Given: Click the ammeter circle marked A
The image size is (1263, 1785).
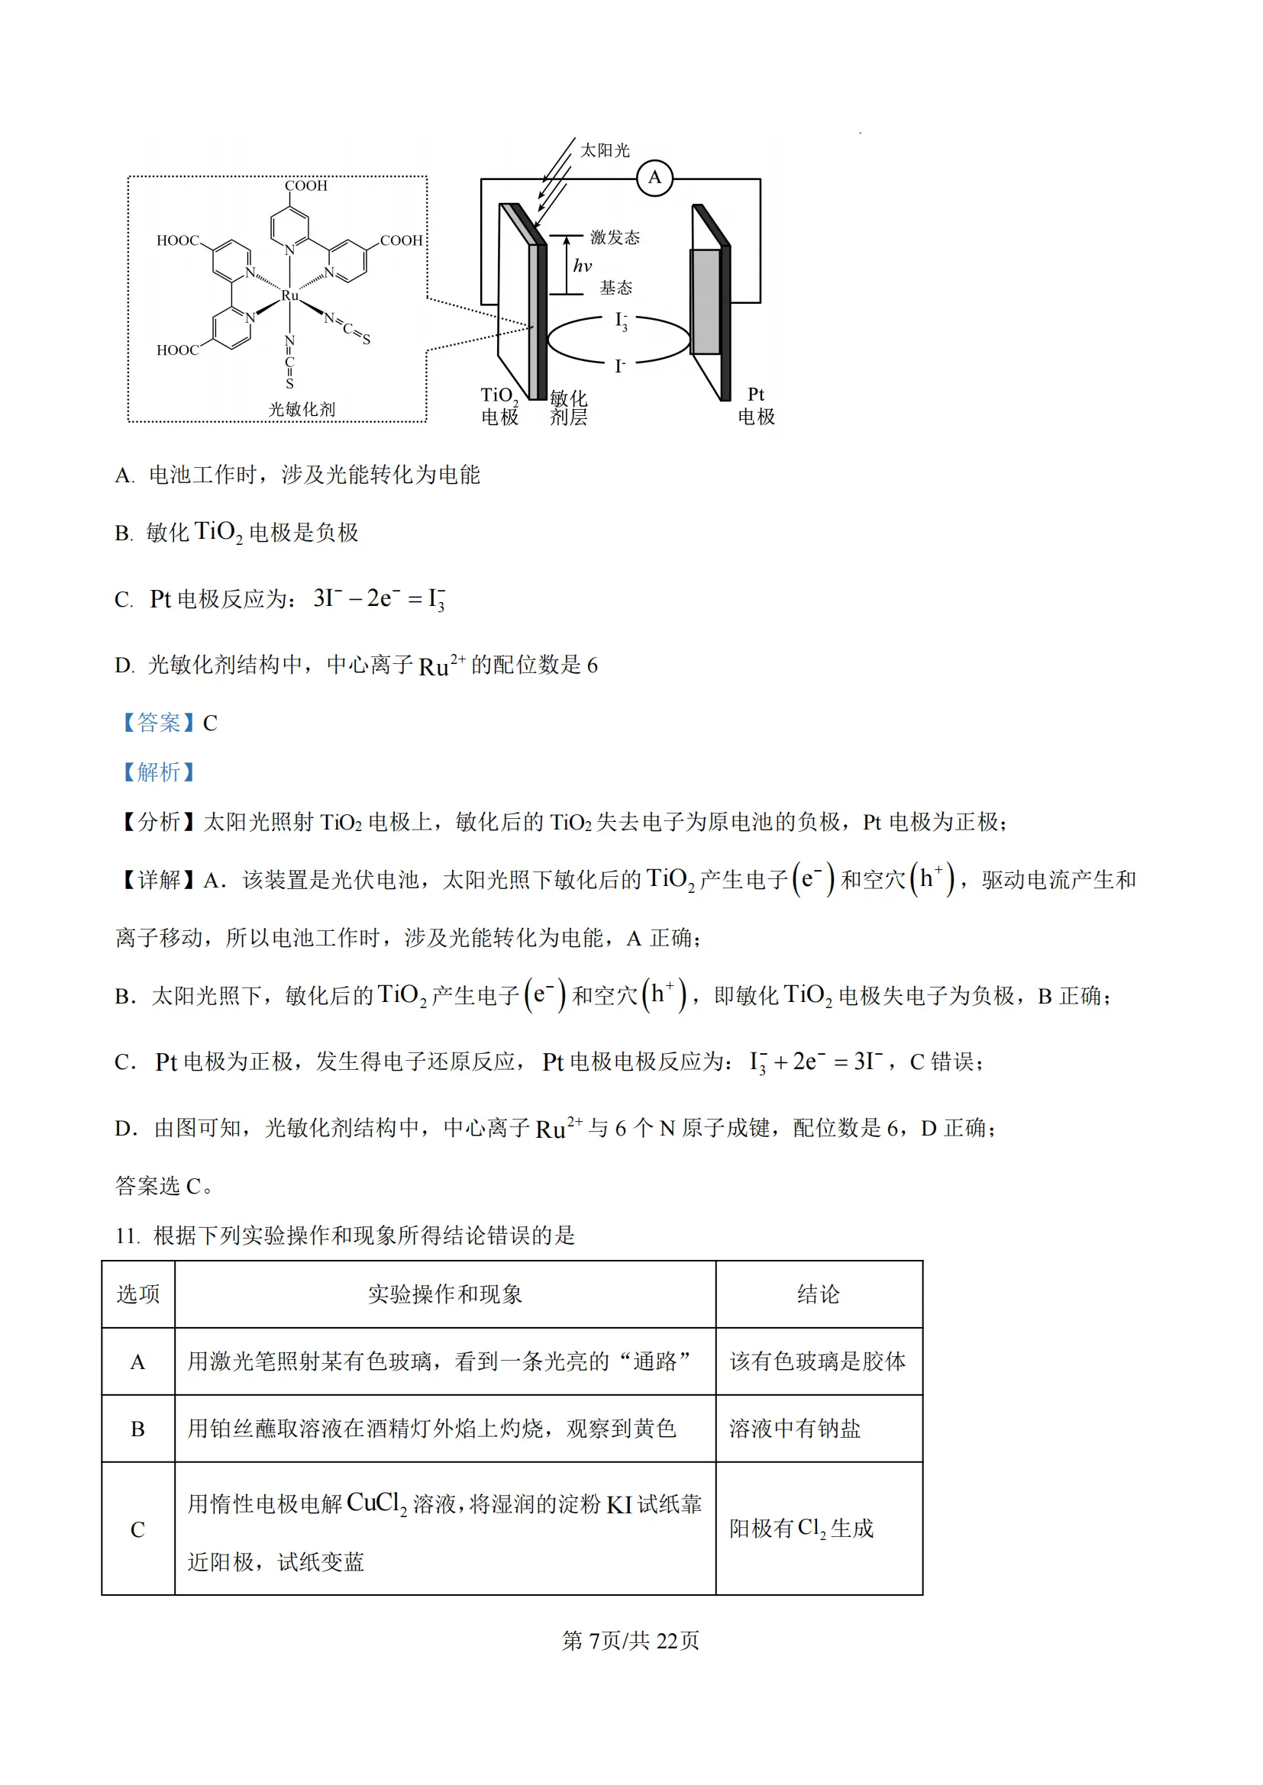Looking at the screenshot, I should pos(654,178).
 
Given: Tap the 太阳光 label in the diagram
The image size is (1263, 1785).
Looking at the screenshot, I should pos(604,150).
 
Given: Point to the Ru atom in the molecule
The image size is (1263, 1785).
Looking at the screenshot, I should pos(289,295).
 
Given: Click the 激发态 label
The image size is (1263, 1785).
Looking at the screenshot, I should pos(615,237).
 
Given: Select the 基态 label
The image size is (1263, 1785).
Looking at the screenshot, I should pos(615,288).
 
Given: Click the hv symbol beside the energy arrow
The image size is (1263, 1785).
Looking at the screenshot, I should pos(583,266).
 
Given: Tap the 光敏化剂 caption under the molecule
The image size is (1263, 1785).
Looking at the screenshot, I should pos(302,409).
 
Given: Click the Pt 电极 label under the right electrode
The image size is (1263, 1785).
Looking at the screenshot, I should pos(756,406).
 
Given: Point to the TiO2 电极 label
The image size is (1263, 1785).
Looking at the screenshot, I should pos(499,406).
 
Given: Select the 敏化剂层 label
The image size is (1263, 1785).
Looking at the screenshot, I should pos(569,408).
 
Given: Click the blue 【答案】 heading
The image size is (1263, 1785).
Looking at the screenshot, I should pos(159,722).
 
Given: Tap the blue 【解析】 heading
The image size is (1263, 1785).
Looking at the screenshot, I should pos(159,772).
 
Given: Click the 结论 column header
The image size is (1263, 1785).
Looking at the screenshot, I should pos(818,1294).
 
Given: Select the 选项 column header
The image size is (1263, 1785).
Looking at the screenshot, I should pos(137,1294).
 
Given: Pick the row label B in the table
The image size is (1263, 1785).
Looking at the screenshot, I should pos(137,1429).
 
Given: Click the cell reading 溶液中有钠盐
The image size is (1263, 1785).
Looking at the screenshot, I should pos(795,1429).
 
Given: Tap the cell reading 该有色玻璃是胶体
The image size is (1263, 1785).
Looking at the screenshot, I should pos(817,1361).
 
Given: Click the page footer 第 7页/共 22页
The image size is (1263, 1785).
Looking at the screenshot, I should pos(631,1641).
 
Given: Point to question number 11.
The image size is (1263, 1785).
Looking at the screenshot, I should pos(128,1236).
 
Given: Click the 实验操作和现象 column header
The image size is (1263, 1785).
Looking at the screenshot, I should pos(445,1294).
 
